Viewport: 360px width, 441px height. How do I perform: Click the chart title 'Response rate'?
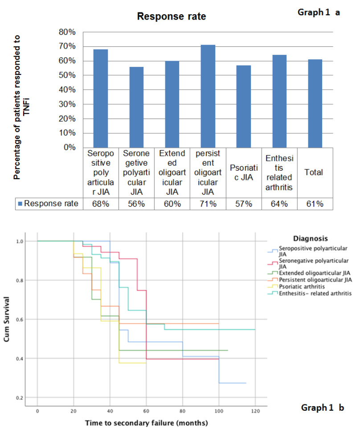[x=172, y=17]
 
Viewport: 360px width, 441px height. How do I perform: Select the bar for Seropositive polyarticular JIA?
[x=100, y=98]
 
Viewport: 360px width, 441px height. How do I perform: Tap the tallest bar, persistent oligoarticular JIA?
[x=208, y=96]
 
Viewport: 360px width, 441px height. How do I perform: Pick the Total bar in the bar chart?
[x=315, y=103]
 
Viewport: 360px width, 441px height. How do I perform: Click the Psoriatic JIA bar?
[x=243, y=106]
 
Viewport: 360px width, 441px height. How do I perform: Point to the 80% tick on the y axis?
[x=67, y=32]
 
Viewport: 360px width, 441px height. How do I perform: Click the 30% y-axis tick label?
[x=67, y=104]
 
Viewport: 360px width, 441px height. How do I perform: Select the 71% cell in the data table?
[x=208, y=204]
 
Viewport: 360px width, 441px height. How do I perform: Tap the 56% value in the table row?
[x=136, y=204]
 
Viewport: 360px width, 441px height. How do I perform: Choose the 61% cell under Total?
[x=315, y=204]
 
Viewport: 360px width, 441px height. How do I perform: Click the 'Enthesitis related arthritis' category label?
[x=279, y=172]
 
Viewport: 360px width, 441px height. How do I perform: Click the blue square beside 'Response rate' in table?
[x=20, y=204]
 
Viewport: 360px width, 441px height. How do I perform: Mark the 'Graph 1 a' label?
[x=319, y=12]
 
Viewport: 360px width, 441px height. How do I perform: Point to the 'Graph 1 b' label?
[x=322, y=407]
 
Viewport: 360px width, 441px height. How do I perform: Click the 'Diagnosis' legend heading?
[x=311, y=238]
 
